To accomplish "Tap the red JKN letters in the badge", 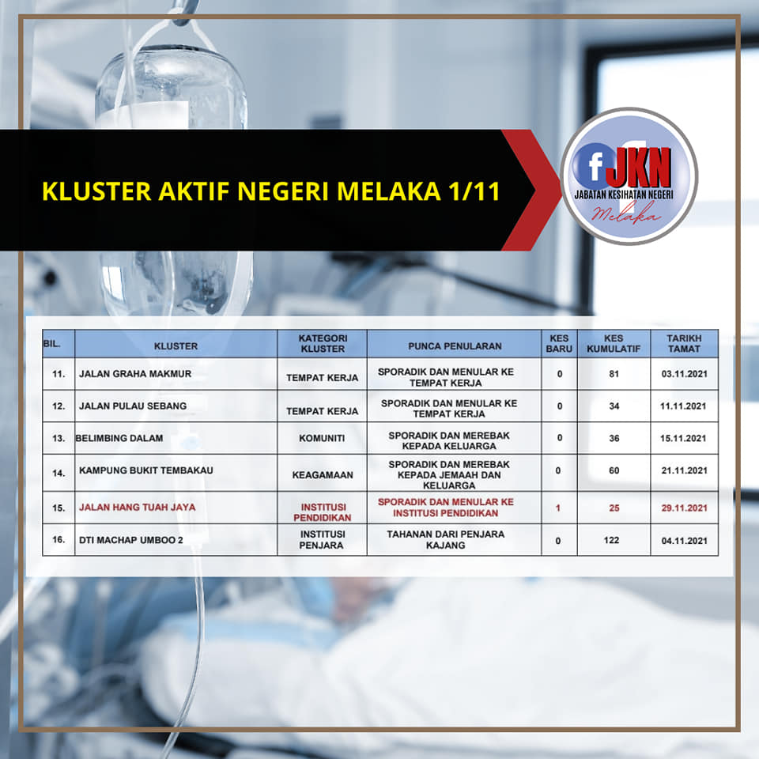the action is pos(639,168).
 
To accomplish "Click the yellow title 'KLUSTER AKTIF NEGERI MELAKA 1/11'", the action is pos(271,191).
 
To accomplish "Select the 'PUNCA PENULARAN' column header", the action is pos(455,346).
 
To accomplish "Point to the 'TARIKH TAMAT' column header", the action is pos(683,343).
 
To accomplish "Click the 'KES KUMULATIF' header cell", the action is pos(614,343).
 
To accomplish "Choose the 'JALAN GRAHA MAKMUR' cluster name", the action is pos(135,374).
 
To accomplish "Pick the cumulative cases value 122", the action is pos(611,540).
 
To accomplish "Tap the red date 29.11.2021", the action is pos(684,508).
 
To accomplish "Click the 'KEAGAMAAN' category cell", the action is pos(323,475).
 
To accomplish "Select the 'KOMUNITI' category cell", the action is pos(322,438).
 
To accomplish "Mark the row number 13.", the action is pos(59,439).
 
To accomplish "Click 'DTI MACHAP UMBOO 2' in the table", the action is pos(131,540).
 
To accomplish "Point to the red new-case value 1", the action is pos(558,508).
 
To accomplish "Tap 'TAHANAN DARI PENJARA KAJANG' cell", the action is pos(445,539).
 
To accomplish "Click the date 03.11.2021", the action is pos(684,374).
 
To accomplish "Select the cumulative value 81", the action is pos(614,374).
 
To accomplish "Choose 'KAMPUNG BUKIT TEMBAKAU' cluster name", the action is pos(145,470).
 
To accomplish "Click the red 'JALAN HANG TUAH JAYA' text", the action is pos(138,507).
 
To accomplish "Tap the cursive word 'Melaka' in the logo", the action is pos(625,213).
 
